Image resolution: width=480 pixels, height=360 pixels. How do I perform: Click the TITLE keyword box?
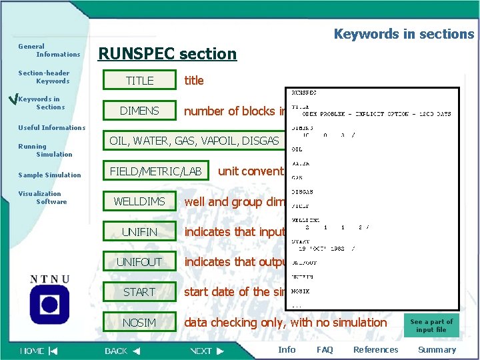[x=140, y=81]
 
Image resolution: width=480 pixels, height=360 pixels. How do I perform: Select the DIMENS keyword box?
[x=139, y=111]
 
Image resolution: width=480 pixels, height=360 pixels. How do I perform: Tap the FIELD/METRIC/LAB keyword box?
[x=155, y=171]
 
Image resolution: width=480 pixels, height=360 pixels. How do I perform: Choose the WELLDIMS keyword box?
[x=139, y=201]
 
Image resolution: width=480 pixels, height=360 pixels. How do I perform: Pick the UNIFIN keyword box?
[x=139, y=232]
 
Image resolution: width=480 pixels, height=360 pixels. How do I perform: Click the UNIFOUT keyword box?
[x=139, y=262]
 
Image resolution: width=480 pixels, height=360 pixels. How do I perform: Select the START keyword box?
[x=139, y=292]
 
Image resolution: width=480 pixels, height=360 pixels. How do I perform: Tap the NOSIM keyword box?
[x=139, y=323]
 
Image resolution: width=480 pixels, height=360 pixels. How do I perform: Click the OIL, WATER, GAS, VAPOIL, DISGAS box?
[x=194, y=141]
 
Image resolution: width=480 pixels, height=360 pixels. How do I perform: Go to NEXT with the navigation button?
[x=207, y=351]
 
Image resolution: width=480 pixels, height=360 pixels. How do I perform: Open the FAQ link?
[x=325, y=350]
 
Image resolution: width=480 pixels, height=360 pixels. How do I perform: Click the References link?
[x=375, y=350]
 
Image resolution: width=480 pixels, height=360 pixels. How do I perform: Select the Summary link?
[x=437, y=350]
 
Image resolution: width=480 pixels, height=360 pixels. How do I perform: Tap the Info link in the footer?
[x=287, y=350]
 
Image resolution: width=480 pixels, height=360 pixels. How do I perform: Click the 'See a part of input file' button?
[x=431, y=325]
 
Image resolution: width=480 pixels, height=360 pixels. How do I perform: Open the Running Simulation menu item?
[x=45, y=150]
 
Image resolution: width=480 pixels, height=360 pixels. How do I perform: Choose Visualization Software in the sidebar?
[x=43, y=197]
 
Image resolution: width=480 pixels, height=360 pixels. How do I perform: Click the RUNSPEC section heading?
[x=167, y=53]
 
